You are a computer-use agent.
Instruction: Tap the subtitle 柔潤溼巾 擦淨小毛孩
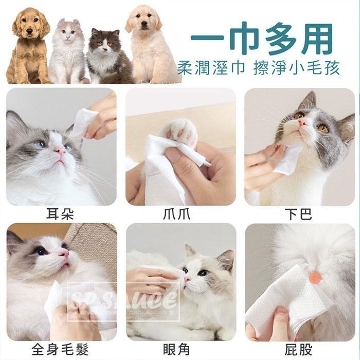[x=261, y=68]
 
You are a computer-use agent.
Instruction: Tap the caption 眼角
[x=180, y=350]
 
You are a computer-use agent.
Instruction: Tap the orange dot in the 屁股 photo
[x=315, y=278]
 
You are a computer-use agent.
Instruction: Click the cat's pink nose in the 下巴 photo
[x=303, y=123]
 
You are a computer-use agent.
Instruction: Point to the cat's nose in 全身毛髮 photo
[x=64, y=254]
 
